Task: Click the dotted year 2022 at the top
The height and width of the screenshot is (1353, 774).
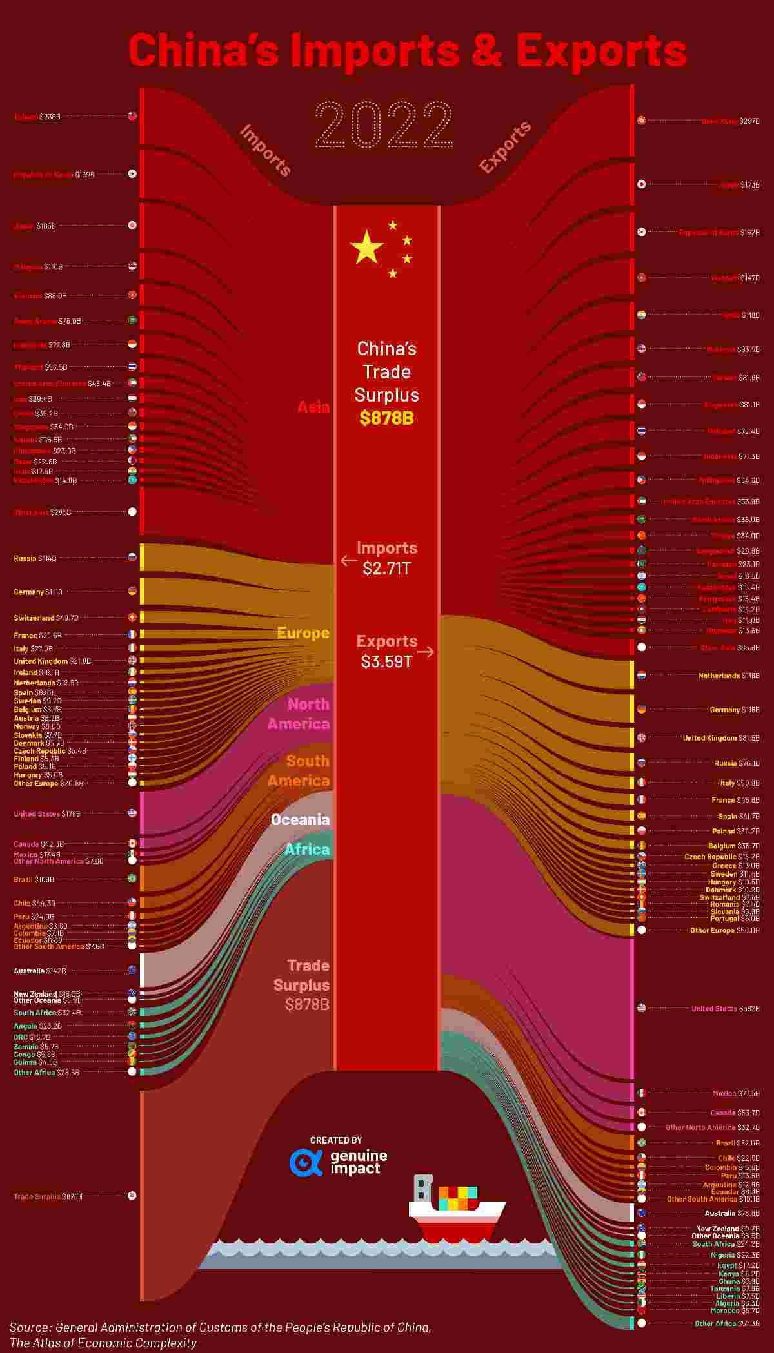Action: pyautogui.click(x=384, y=124)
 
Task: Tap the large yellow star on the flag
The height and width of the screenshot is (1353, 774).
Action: pyautogui.click(x=366, y=247)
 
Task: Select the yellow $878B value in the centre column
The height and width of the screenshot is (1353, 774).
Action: pyautogui.click(x=386, y=418)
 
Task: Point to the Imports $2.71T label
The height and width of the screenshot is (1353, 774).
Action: pyautogui.click(x=386, y=558)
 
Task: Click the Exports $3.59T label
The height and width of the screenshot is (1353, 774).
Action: pyautogui.click(x=386, y=651)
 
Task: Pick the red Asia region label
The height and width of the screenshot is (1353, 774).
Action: pyautogui.click(x=313, y=407)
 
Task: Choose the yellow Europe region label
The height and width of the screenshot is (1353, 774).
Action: pyautogui.click(x=303, y=633)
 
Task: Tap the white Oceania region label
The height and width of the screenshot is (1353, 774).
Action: pyautogui.click(x=300, y=820)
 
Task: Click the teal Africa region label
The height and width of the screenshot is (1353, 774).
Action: pyautogui.click(x=307, y=850)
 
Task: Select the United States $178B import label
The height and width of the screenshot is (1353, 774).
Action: pyautogui.click(x=47, y=813)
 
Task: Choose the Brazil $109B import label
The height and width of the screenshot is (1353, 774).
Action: pyautogui.click(x=34, y=879)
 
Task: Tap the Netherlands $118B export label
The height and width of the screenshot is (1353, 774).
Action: pyautogui.click(x=729, y=676)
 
